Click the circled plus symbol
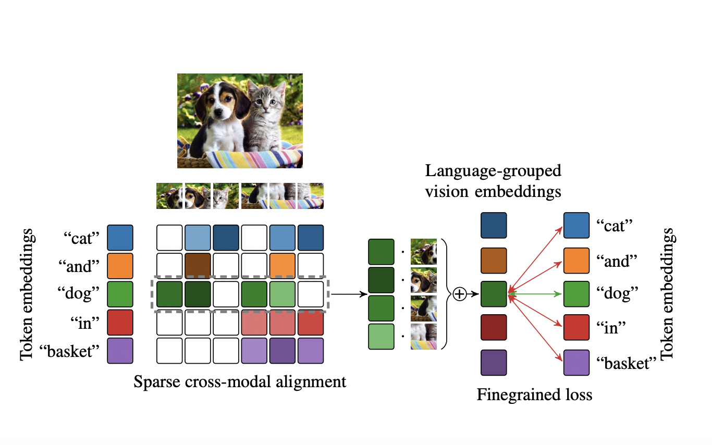click(459, 294)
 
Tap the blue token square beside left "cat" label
click(120, 238)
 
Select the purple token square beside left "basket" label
click(120, 351)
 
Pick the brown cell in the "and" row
click(198, 266)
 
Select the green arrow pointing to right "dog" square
click(535, 294)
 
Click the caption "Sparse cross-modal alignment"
click(240, 382)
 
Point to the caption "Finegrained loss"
click(534, 395)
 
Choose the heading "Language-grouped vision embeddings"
click(493, 181)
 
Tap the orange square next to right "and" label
click(576, 261)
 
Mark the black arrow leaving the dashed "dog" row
click(348, 294)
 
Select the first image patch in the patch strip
click(169, 196)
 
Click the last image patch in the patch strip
click(311, 196)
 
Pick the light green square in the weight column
click(381, 337)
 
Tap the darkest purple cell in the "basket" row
click(283, 351)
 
